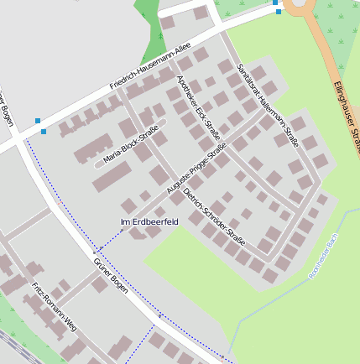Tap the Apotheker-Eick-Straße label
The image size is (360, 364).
click(x=198, y=107)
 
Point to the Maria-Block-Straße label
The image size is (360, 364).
click(x=131, y=145)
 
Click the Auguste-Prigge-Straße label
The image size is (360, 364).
click(x=197, y=174)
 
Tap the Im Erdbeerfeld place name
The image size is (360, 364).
click(x=149, y=221)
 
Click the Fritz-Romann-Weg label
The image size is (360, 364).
click(x=54, y=308)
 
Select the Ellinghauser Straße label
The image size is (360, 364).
click(x=347, y=117)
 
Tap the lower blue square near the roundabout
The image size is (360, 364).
click(x=279, y=12)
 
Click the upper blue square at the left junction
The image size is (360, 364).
click(x=38, y=122)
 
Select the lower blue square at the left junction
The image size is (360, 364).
click(x=44, y=131)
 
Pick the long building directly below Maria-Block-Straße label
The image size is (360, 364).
click(x=112, y=177)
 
